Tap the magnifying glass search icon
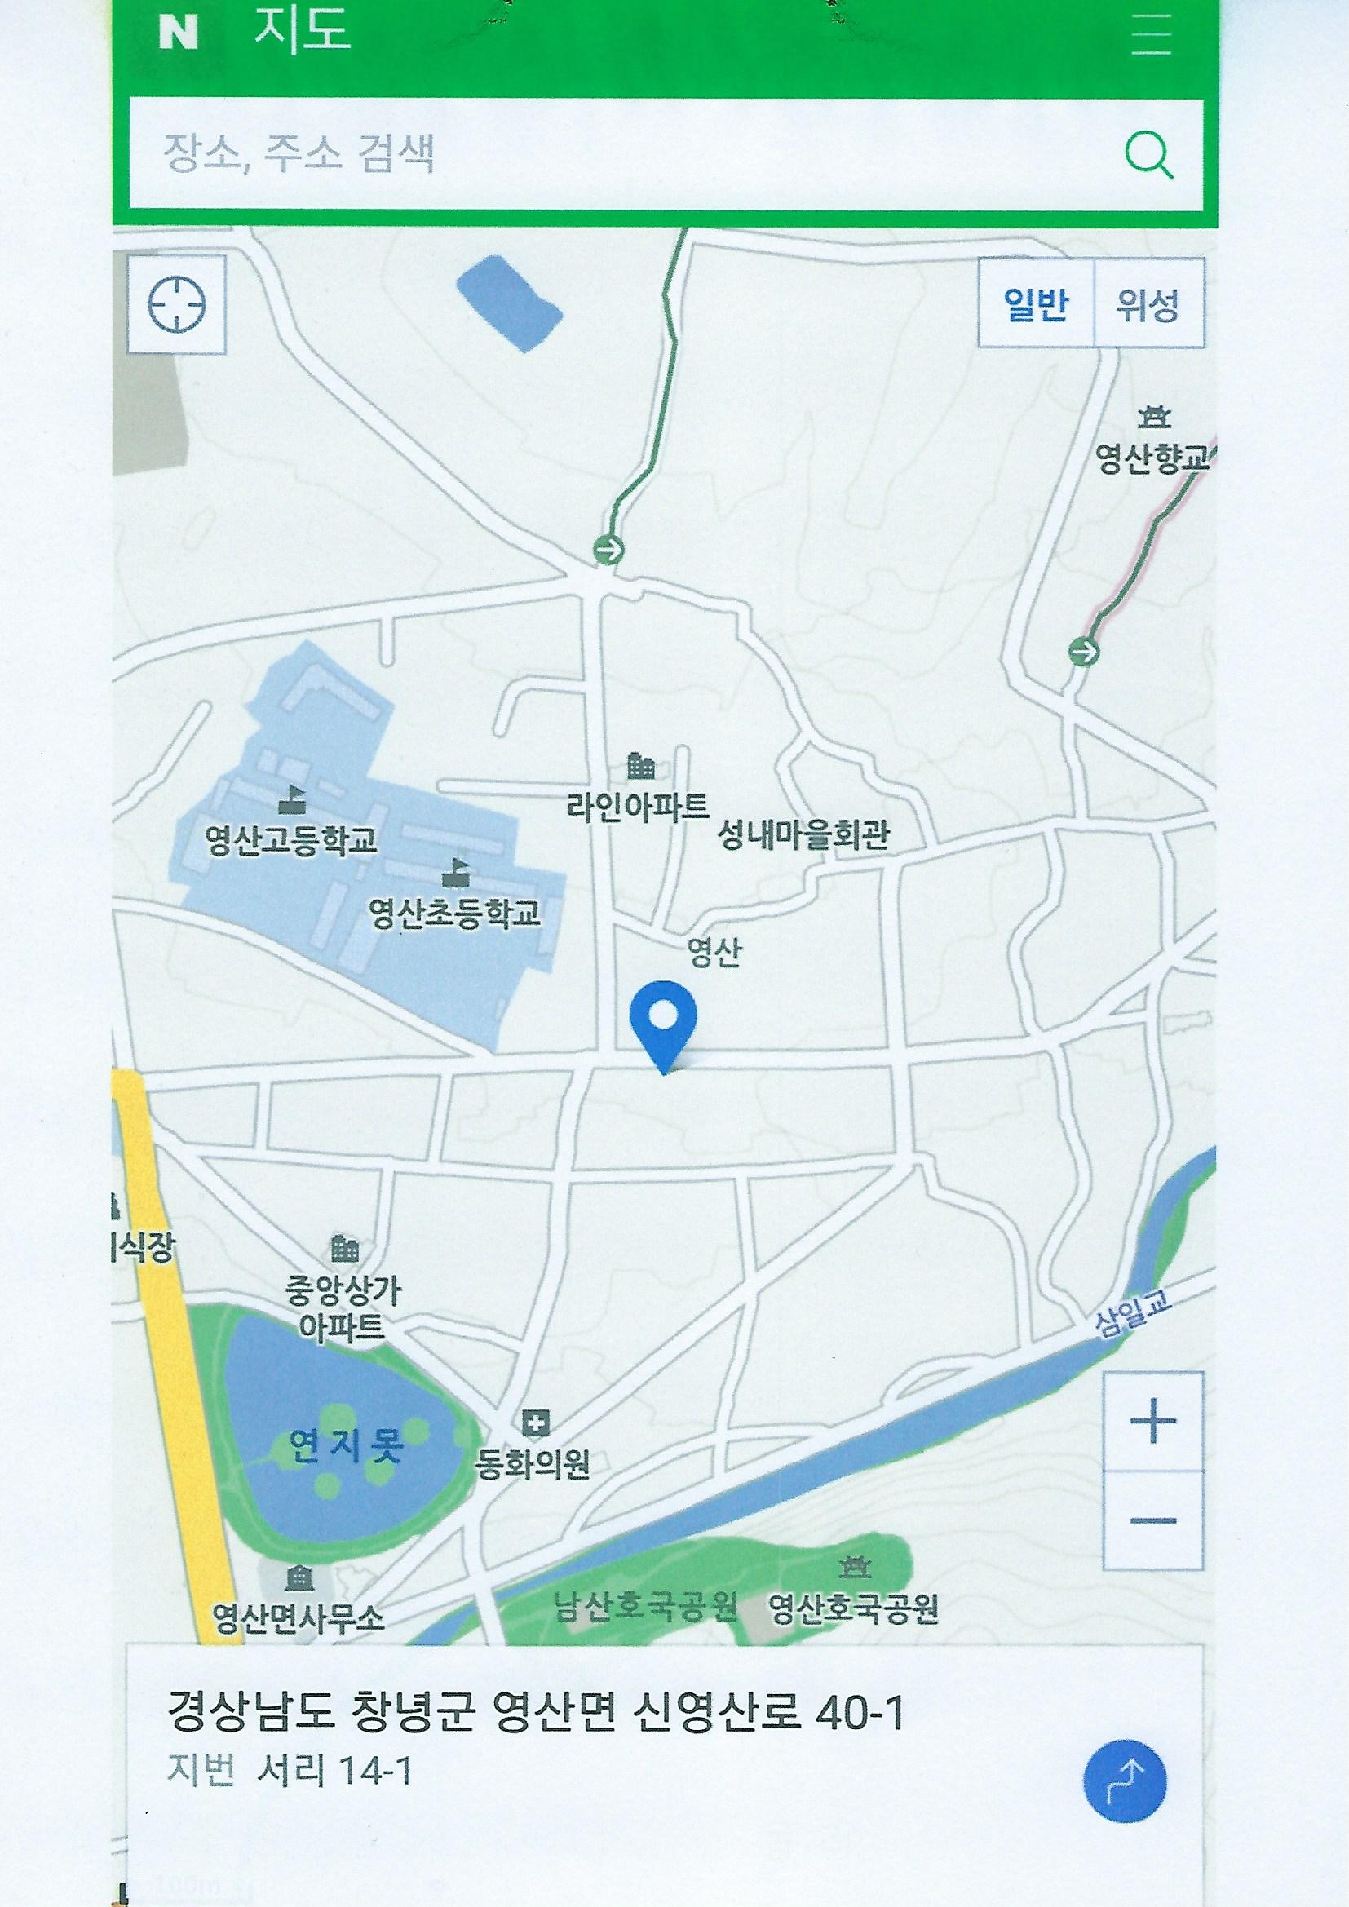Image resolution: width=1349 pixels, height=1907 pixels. (x=1149, y=155)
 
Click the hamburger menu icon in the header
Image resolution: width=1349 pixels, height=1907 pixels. (x=1152, y=34)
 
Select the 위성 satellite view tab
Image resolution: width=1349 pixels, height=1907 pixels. (x=1148, y=304)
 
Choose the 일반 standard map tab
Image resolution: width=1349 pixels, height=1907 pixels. (x=1035, y=304)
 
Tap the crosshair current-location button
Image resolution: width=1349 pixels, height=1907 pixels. (x=176, y=304)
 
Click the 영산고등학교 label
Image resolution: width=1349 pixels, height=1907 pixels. (x=290, y=842)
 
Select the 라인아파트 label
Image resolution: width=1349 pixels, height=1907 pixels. (x=638, y=805)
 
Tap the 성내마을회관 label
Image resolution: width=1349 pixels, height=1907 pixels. (x=803, y=834)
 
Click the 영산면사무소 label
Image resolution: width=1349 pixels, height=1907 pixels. (x=299, y=1617)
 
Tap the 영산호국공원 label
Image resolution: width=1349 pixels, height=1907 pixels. (x=853, y=1608)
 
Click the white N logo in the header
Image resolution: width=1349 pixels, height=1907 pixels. (x=179, y=34)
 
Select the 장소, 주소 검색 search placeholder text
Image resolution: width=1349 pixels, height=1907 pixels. (x=299, y=154)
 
